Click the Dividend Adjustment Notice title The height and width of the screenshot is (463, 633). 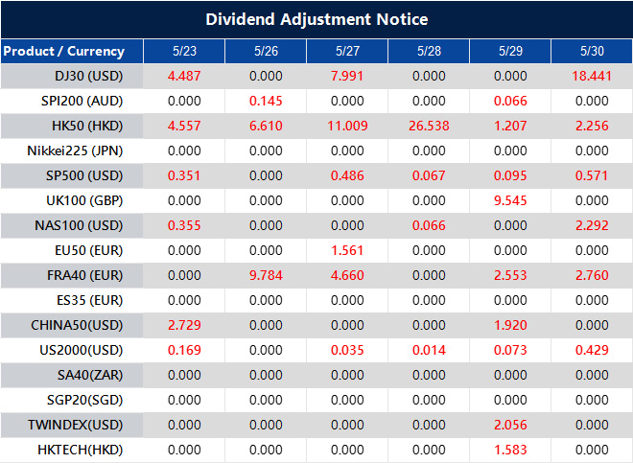tap(316, 19)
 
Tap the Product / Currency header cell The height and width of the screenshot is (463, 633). tap(63, 52)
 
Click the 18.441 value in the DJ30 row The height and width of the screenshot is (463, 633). tap(591, 77)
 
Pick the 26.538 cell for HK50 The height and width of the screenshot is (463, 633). tap(429, 127)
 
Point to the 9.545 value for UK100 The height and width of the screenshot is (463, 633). tap(510, 201)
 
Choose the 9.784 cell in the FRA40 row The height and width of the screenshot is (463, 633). tap(266, 276)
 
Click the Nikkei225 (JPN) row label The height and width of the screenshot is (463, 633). tap(76, 151)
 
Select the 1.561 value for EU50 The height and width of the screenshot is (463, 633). tap(347, 251)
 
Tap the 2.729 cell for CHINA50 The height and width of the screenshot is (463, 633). tap(183, 326)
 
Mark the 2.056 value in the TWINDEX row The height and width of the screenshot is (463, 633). tap(510, 426)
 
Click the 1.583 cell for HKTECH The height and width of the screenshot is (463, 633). tap(510, 451)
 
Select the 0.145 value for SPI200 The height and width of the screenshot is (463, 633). tap(266, 102)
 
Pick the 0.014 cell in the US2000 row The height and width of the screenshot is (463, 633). tap(429, 351)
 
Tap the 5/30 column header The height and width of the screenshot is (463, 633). tap(592, 52)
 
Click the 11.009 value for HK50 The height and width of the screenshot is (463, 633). tap(347, 127)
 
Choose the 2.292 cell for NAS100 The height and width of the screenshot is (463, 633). tap(592, 226)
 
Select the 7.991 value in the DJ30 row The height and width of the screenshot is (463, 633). tap(347, 77)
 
